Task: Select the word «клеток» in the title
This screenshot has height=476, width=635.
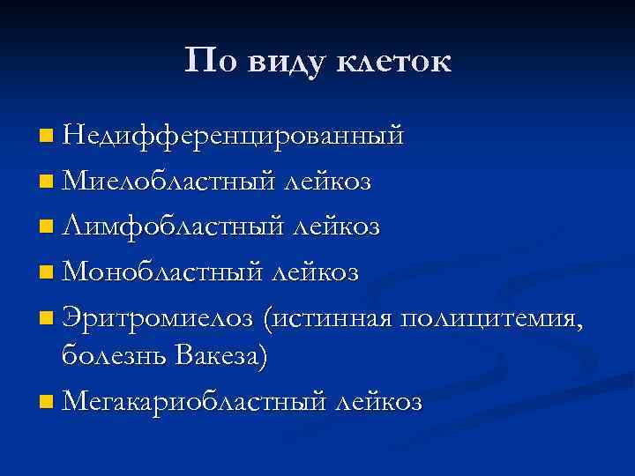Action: pos(396,61)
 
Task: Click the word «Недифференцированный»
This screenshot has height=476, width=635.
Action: pos(234,137)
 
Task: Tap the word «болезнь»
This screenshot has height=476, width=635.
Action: pos(115,356)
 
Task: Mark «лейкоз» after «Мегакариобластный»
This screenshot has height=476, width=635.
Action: pos(378,402)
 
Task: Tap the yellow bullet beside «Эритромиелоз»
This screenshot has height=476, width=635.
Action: pos(46,318)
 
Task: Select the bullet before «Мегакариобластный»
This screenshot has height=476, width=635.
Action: pos(46,403)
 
